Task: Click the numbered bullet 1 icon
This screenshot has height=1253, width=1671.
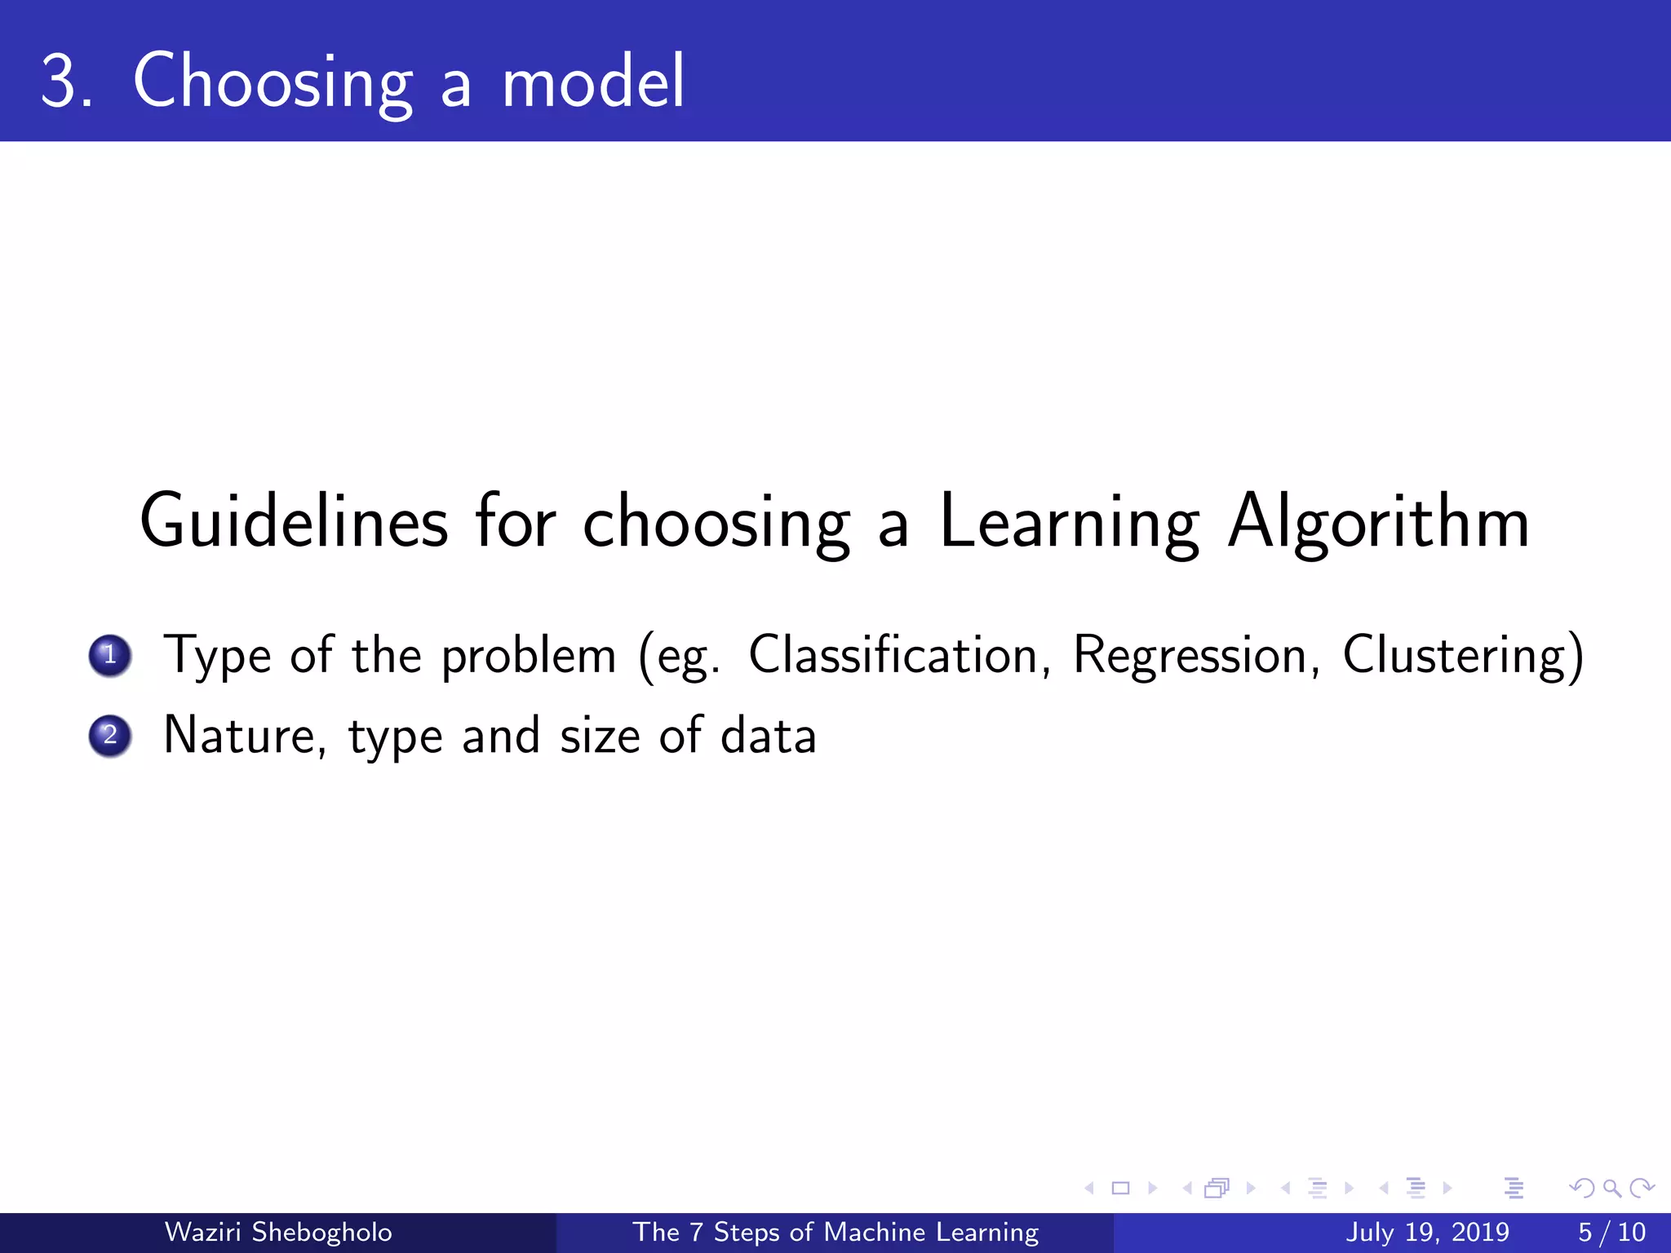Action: pyautogui.click(x=110, y=655)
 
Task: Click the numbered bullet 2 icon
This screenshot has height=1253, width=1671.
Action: pyautogui.click(x=110, y=736)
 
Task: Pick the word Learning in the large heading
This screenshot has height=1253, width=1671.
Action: pyautogui.click(x=1069, y=522)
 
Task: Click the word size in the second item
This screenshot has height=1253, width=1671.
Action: pyautogui.click(x=600, y=736)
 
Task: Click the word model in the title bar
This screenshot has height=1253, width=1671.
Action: pyautogui.click(x=593, y=82)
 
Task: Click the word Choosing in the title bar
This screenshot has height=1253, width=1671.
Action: pyautogui.click(x=273, y=82)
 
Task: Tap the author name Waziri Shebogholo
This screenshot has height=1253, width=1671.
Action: pyautogui.click(x=278, y=1232)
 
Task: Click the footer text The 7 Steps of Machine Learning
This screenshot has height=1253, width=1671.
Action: pyautogui.click(x=835, y=1232)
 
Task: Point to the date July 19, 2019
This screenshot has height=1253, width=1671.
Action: pyautogui.click(x=1427, y=1232)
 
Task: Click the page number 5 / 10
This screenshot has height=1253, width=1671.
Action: pyautogui.click(x=1611, y=1232)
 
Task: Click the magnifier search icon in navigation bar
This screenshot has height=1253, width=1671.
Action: pyautogui.click(x=1611, y=1189)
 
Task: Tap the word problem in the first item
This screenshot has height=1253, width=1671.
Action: pyautogui.click(x=529, y=655)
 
